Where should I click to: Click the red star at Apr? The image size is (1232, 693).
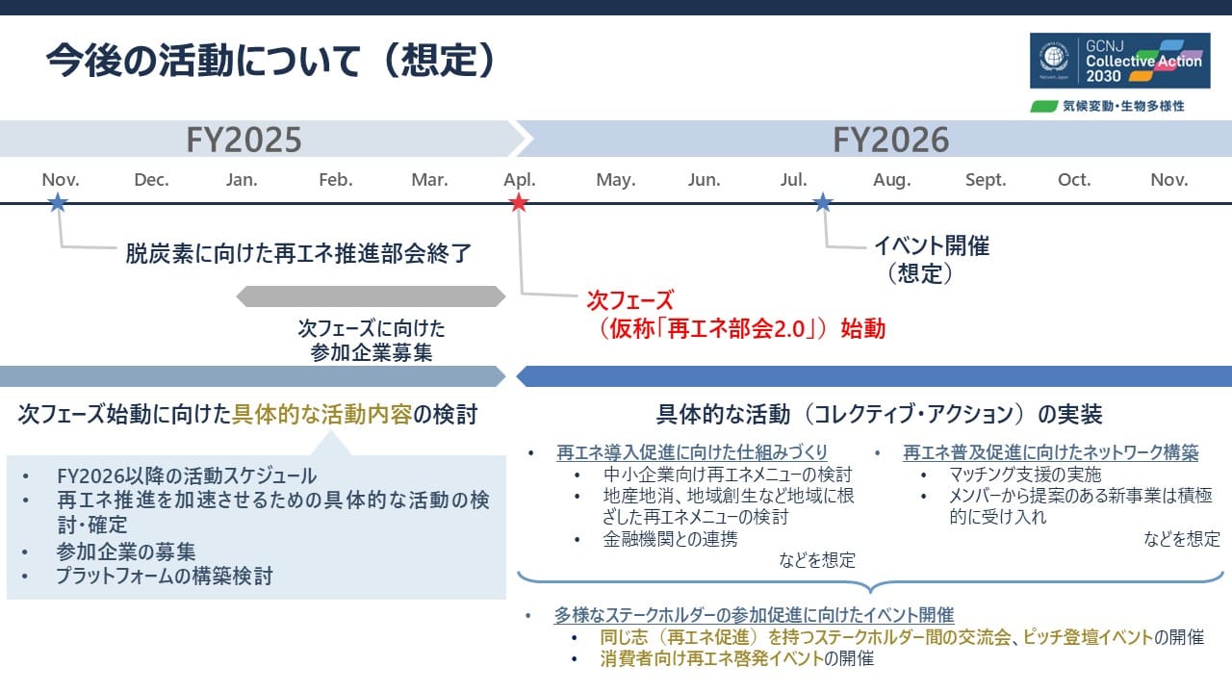(519, 202)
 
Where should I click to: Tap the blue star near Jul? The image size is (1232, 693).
(822, 202)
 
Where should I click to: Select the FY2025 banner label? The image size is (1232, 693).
(244, 140)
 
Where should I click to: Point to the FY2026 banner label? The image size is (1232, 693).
(890, 140)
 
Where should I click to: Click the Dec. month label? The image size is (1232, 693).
(151, 180)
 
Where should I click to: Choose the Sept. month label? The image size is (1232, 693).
(985, 180)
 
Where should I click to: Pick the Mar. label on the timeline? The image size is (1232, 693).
(429, 180)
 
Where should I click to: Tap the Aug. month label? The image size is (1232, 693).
(891, 180)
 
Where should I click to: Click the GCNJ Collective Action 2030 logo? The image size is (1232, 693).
(1116, 62)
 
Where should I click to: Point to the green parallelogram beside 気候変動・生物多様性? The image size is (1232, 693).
(1044, 106)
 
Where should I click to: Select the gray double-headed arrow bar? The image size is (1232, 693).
(371, 296)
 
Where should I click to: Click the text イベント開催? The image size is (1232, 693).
(931, 245)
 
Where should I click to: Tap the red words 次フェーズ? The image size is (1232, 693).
(630, 300)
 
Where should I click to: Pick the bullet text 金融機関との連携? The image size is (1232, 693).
(670, 539)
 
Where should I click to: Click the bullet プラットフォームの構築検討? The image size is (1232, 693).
(164, 577)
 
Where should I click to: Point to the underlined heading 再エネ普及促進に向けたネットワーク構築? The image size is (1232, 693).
(1050, 452)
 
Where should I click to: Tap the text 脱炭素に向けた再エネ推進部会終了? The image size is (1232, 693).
(298, 254)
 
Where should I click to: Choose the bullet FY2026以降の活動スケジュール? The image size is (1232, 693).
(187, 475)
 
